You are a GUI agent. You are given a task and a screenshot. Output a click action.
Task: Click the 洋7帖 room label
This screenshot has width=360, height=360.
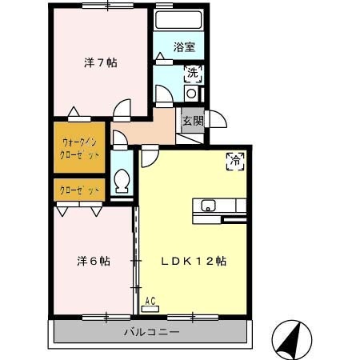[101, 62]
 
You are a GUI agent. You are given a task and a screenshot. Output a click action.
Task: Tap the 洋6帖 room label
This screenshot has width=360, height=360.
[94, 262]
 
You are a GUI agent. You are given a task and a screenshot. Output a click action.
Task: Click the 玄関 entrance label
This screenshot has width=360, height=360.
[193, 121]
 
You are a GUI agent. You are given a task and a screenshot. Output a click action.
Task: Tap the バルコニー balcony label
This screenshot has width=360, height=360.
[151, 331]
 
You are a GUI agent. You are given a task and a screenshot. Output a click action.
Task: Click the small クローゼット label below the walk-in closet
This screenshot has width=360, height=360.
[81, 190]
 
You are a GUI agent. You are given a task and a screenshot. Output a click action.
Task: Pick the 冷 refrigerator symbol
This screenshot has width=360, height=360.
[237, 159]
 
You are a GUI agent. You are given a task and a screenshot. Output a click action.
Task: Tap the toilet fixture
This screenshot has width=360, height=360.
[122, 182]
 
